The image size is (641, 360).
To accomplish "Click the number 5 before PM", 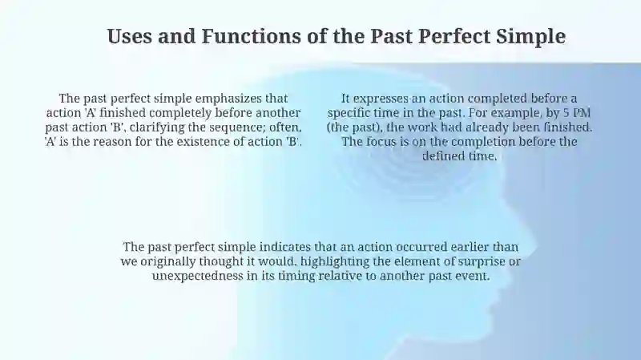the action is click(566, 113).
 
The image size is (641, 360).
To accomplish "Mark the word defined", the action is click(441, 156).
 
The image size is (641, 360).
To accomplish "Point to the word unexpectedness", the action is click(198, 276).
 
